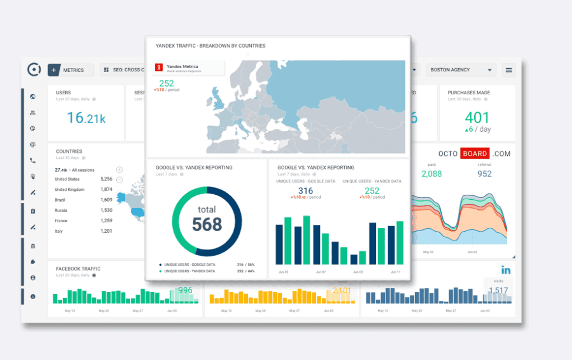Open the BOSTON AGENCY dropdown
click(461, 70)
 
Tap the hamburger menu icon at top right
click(509, 70)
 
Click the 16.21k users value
click(86, 118)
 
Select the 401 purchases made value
click(476, 118)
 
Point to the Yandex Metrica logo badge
click(159, 68)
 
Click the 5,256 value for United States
click(106, 179)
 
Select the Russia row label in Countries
click(61, 210)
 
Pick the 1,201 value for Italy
click(106, 231)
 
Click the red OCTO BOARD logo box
click(475, 153)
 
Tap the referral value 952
click(484, 174)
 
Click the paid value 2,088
click(431, 174)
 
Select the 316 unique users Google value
click(306, 191)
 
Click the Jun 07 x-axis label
click(320, 272)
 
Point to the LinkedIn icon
click(506, 271)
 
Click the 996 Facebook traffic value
click(185, 290)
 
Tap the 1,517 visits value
click(498, 290)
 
